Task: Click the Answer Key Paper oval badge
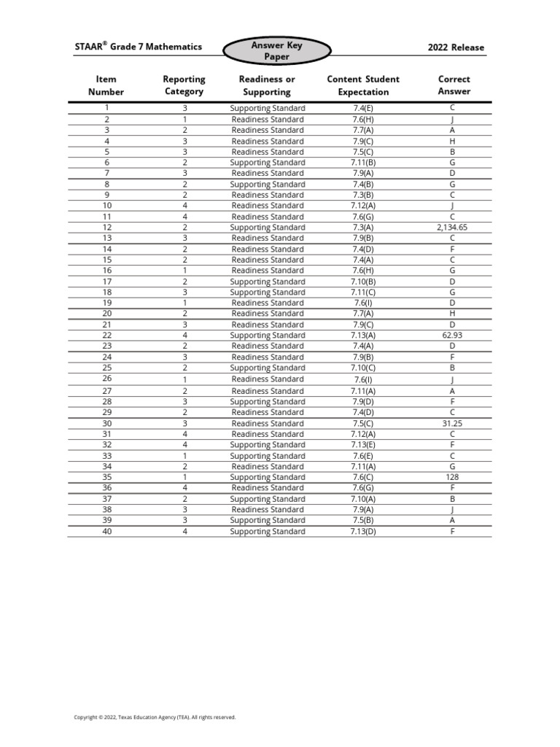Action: [x=276, y=50]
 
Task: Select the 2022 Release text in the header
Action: [x=456, y=47]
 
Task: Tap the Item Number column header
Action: [x=106, y=85]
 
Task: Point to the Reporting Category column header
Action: [x=184, y=85]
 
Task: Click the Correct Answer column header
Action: [x=454, y=85]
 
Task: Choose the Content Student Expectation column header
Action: [x=363, y=85]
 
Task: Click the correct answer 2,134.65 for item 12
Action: [x=453, y=228]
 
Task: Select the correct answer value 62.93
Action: [x=453, y=336]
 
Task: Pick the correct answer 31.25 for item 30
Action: [x=453, y=423]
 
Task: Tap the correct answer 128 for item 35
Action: [x=453, y=477]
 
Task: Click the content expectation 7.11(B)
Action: [x=363, y=163]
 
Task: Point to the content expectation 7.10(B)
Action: [x=363, y=282]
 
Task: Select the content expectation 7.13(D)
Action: [x=363, y=531]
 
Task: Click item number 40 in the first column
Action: [x=107, y=531]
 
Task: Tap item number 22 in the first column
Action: [x=107, y=336]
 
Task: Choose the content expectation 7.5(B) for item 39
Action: [x=363, y=520]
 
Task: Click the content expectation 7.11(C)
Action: [x=363, y=292]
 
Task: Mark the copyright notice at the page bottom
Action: [x=155, y=717]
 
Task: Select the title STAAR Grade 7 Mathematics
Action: [x=139, y=47]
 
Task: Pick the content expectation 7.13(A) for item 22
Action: [x=363, y=336]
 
